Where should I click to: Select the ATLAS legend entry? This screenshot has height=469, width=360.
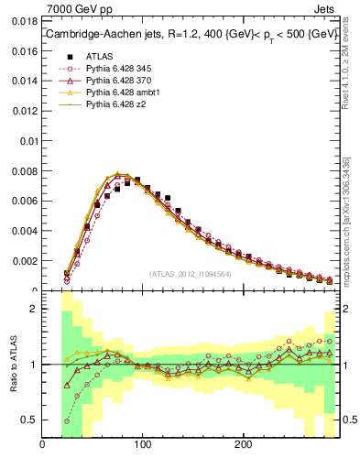100,56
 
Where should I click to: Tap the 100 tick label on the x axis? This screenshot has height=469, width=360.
142,446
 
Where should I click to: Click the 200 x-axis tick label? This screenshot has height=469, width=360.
243,446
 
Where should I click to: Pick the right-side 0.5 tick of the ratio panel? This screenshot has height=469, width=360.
349,420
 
